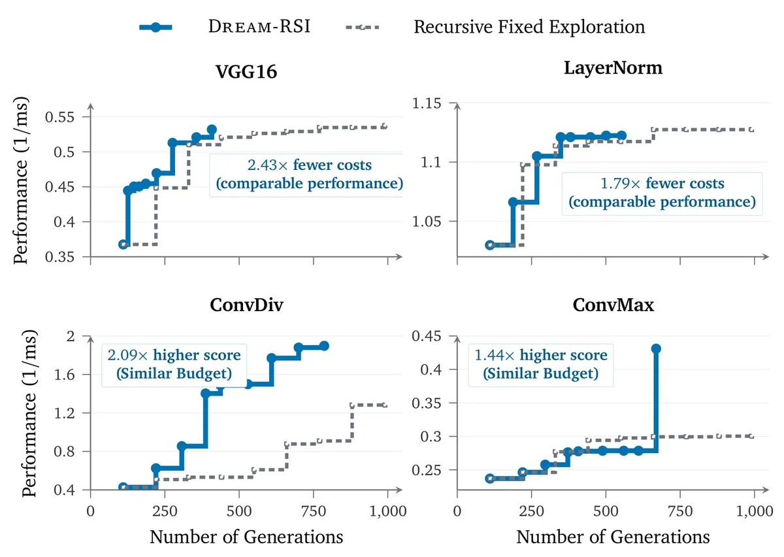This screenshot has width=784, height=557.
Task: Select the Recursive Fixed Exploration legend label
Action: point(529,27)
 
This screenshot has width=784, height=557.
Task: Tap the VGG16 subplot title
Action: point(246,71)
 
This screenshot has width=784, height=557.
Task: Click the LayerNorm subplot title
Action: point(613,67)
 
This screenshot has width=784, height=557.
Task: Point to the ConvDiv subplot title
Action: point(246,305)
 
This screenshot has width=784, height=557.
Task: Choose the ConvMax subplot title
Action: point(613,305)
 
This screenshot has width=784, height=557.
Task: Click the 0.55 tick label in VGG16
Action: point(60,117)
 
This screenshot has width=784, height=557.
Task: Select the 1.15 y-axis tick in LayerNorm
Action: point(427,103)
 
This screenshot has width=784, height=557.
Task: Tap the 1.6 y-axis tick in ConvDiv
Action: point(65,375)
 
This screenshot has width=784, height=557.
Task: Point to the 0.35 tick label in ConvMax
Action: point(427,403)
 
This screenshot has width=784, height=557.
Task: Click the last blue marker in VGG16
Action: point(212,130)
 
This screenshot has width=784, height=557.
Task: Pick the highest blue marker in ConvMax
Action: point(656,348)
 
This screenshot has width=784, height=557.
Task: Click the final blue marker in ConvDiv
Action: point(325,346)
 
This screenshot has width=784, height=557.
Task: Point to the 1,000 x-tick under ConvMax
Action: point(755,511)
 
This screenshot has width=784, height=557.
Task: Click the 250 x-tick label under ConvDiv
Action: point(165,511)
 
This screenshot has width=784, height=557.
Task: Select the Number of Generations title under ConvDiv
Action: point(246,537)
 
